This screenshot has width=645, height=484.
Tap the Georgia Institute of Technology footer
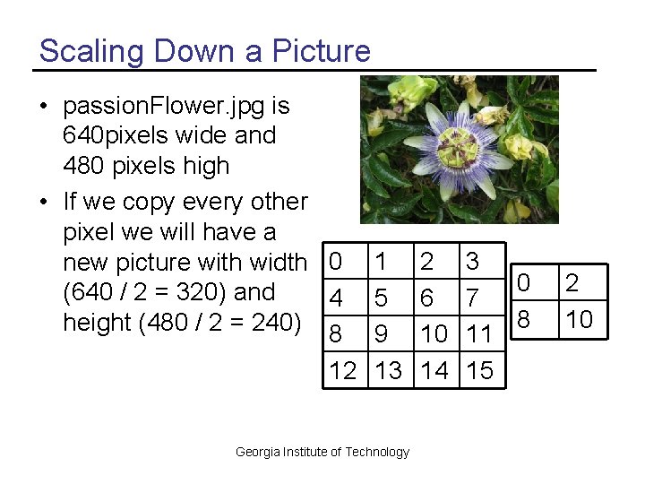coord(322,452)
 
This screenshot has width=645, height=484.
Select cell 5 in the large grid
coord(383,298)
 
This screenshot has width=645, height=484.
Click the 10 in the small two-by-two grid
coord(580,320)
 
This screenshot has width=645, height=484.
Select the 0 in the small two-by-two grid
coord(525,284)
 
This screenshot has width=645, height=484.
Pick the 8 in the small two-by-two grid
coord(525,320)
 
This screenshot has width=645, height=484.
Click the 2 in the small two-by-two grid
coord(572,284)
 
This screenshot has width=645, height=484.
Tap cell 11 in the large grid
coord(480,334)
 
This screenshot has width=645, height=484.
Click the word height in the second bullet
coord(96,323)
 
